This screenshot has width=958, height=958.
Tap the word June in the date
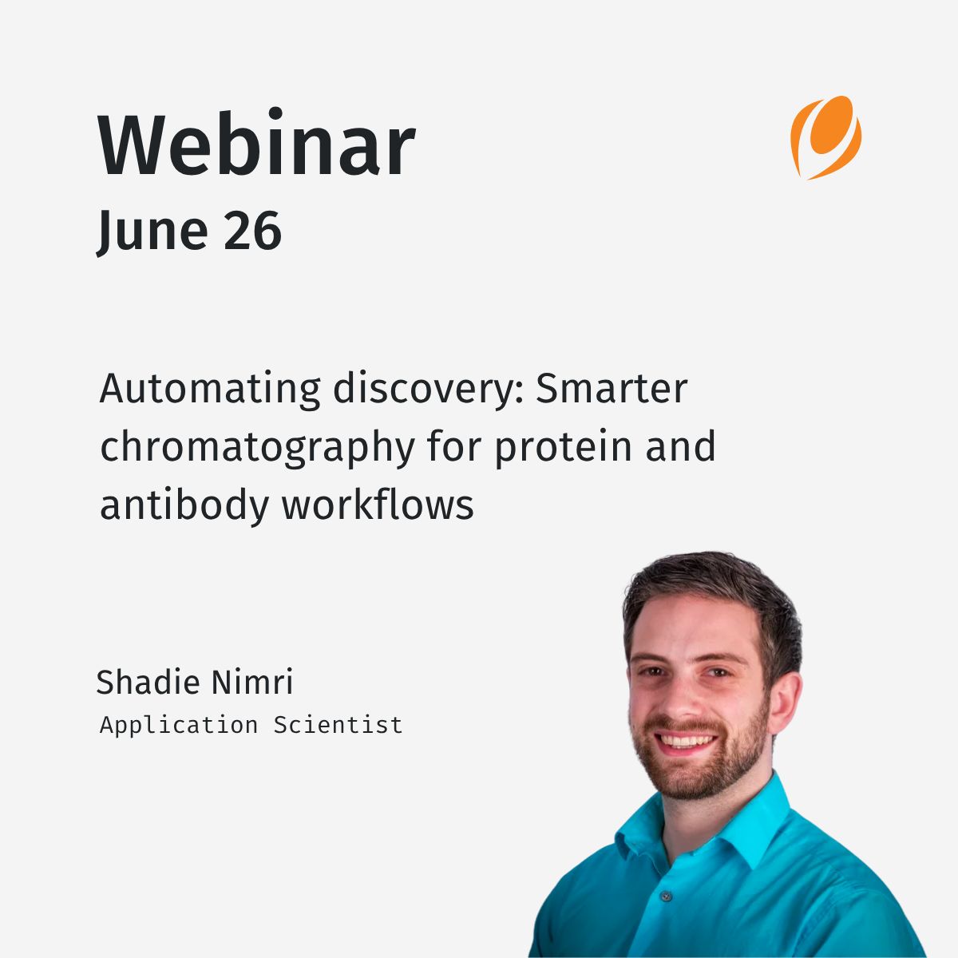point(152,232)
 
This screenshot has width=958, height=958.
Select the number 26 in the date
point(252,230)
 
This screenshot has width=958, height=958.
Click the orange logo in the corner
point(825,137)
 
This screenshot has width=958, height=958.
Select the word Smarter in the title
point(612,388)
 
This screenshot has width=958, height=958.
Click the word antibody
point(184,506)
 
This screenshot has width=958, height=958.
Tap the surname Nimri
point(252,682)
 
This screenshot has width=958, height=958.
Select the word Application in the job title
point(179,726)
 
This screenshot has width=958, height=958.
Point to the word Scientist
point(338,726)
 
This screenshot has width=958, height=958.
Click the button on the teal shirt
point(666,897)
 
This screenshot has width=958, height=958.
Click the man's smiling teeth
point(686,742)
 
